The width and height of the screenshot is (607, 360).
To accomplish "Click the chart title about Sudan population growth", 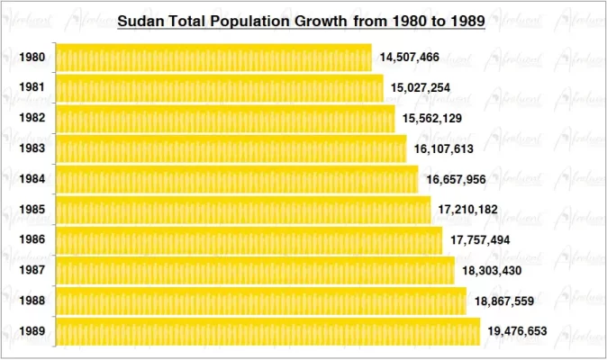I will (302, 20).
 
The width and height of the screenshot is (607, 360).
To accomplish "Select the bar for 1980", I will (213, 58).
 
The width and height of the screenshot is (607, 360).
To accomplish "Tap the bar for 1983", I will (231, 148).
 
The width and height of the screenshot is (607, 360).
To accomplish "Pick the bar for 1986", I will (249, 240).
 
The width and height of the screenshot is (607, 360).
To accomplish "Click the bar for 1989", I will (267, 331).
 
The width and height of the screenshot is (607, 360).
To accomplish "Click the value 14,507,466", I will (409, 58).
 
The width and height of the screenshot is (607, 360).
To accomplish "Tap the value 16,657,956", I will (456, 179).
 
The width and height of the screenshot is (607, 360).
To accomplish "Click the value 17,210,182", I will (467, 210).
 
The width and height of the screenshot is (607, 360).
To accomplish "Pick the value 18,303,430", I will (492, 270).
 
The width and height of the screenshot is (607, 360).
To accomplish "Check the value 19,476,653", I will (517, 331).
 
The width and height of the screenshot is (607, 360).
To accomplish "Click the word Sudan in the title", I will (140, 20).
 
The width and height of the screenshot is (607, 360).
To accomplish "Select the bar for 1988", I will (261, 301).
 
